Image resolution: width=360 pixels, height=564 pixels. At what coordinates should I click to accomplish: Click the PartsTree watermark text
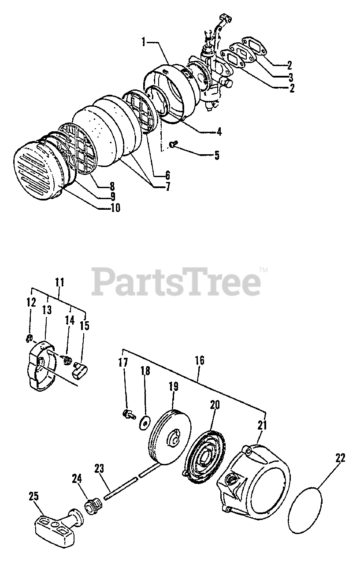[176, 282]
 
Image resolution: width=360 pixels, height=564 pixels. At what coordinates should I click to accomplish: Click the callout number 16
[199, 360]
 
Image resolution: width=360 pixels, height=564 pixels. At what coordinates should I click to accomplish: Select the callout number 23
[99, 468]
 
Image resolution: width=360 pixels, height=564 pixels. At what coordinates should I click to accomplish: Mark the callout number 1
[144, 42]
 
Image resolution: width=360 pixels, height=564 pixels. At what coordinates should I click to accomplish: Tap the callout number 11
[59, 281]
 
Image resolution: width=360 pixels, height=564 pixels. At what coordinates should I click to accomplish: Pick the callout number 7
[167, 186]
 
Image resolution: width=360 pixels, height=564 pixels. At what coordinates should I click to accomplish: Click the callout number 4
[219, 131]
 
